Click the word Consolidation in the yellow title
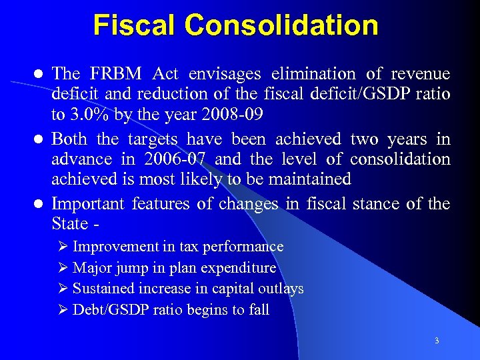click(x=283, y=25)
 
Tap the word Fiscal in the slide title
click(x=136, y=25)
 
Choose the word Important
click(x=89, y=203)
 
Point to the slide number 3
click(x=437, y=341)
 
